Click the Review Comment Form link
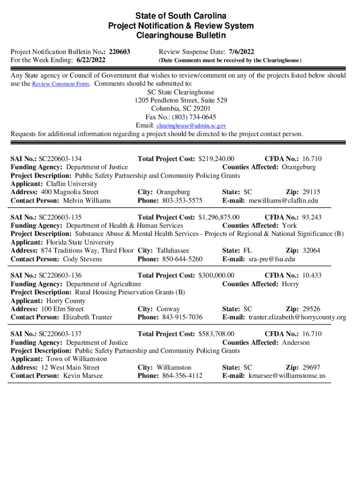click(59, 84)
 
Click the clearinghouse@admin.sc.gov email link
click(191, 126)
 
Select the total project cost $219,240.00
click(216, 159)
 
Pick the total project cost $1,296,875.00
click(219, 217)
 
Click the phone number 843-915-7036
click(182, 318)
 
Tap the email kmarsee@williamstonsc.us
click(287, 376)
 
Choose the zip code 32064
click(311, 251)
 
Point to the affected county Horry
click(290, 284)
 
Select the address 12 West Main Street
click(71, 368)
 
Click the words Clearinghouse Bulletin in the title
click(180, 35)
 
